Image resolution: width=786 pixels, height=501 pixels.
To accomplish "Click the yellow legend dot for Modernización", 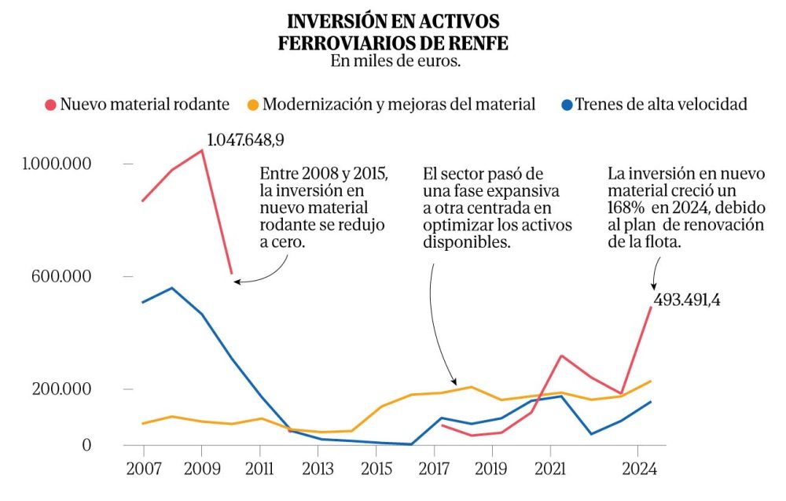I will [x=253, y=105].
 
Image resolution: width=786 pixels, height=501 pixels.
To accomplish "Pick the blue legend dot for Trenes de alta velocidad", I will [x=566, y=105].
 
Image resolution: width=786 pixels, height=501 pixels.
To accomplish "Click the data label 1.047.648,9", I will [x=245, y=141].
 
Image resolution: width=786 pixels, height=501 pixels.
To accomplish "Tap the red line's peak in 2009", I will [x=203, y=150].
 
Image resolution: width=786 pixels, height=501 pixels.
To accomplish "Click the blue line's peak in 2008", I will [x=172, y=288].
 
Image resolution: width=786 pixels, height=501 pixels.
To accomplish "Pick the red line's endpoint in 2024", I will [x=650, y=308].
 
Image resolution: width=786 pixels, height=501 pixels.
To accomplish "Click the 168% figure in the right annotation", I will [x=627, y=207].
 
